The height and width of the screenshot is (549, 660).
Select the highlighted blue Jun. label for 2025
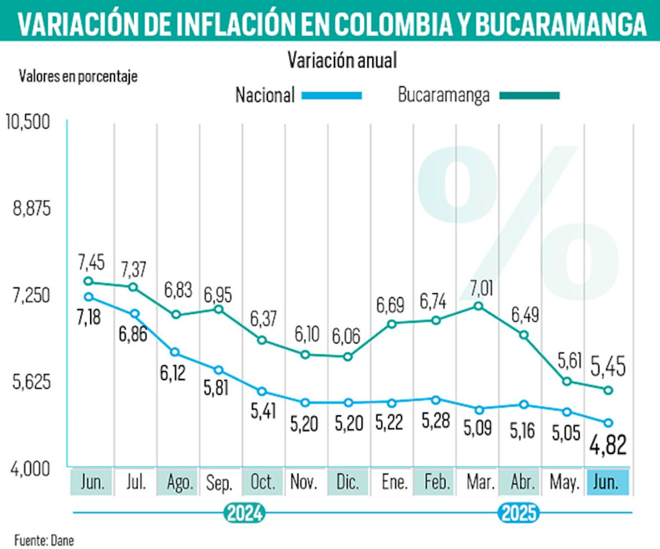607,483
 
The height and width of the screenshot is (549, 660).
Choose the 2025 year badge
519,513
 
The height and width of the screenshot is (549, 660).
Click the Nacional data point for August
175,352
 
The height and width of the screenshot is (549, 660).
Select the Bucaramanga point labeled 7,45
89,282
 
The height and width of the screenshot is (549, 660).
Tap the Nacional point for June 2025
608,422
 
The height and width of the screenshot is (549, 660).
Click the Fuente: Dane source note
44,540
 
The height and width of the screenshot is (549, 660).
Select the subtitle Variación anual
342,61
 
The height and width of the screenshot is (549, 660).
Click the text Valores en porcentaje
78,76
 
